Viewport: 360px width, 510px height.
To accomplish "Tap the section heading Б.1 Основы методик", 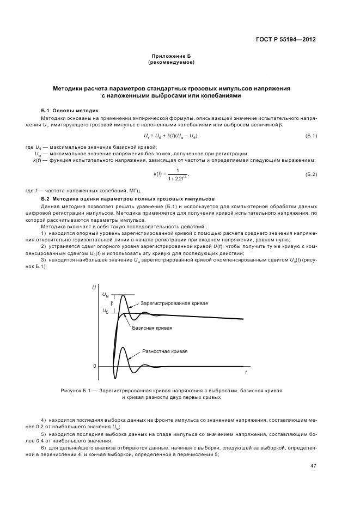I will tap(69, 110).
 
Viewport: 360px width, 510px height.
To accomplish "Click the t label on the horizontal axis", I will tap(245, 373).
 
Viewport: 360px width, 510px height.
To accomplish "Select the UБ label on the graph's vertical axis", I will tap(105, 310).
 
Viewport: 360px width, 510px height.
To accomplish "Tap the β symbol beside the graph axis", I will tap(112, 301).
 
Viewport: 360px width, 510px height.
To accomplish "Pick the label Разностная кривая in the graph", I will tap(165, 352).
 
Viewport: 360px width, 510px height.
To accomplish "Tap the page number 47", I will tap(313, 465).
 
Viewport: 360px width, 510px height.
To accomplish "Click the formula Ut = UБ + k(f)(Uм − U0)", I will tap(171, 135).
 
